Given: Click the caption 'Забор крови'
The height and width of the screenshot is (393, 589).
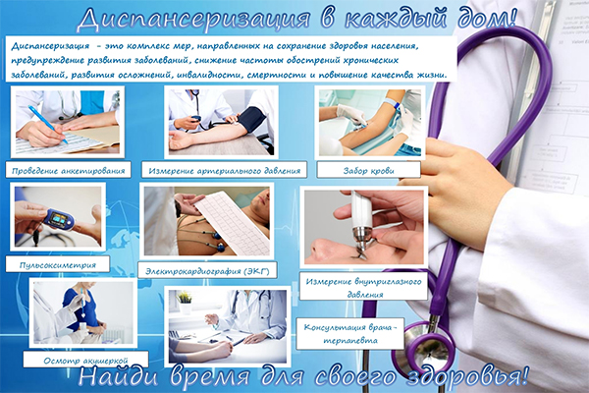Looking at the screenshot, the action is [368, 171].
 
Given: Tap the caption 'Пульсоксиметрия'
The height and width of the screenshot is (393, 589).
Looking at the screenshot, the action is [58, 265].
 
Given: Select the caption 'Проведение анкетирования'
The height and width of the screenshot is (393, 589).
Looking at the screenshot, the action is [68, 171].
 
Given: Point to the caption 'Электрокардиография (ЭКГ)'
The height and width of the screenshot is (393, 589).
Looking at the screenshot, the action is [207, 271].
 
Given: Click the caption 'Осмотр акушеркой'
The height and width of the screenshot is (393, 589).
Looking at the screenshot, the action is [85, 361].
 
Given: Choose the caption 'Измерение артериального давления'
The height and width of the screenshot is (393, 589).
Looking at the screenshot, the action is [224, 171].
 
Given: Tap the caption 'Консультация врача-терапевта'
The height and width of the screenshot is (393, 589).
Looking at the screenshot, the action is [350, 334].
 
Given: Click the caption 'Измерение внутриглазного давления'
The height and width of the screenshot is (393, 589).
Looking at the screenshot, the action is [363, 288].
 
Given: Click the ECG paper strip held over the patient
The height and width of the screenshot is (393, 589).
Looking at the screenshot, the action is [231, 220].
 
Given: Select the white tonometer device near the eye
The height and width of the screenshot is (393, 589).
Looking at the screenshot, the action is [361, 222].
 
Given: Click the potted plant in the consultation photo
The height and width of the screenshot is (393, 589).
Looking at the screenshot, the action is [185, 303].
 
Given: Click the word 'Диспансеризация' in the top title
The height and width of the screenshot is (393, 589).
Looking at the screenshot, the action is [193, 20].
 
